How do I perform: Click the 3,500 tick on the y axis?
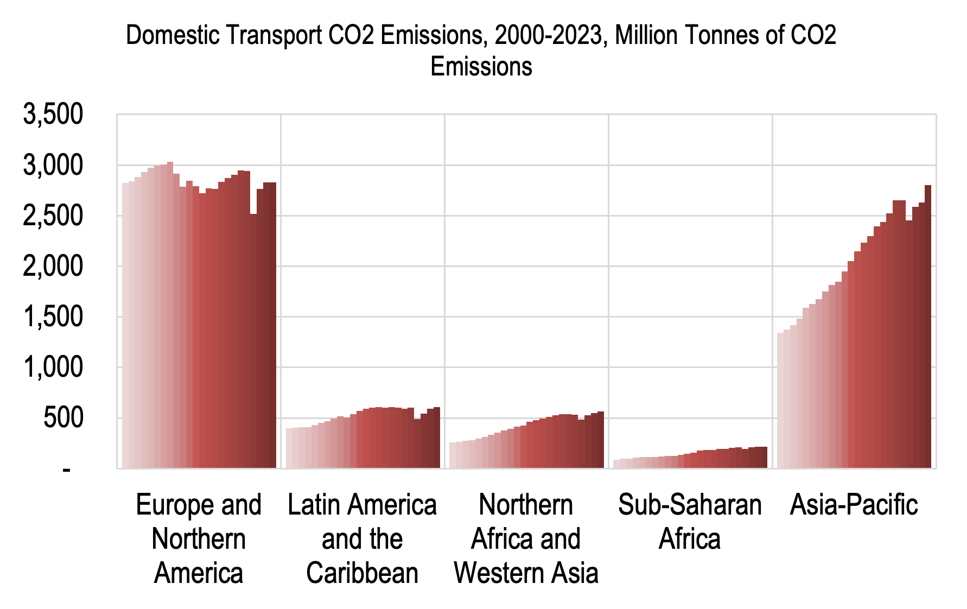(53, 115)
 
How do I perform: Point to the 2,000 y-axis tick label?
(53, 267)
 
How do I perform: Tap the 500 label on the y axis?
(63, 418)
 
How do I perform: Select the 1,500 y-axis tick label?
(53, 317)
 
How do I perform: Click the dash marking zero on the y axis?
(66, 470)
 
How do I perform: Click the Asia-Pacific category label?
(854, 505)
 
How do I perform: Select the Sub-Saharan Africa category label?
(690, 522)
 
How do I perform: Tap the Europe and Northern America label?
(199, 538)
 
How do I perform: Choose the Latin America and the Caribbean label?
(362, 538)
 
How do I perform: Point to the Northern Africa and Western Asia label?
(526, 538)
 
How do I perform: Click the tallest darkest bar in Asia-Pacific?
(928, 326)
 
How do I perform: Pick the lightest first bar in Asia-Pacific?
(780, 400)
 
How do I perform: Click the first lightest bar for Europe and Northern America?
(125, 325)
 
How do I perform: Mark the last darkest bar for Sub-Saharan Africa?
(764, 457)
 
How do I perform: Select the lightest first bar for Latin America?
(289, 448)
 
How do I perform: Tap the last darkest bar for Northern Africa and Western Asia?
(601, 440)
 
